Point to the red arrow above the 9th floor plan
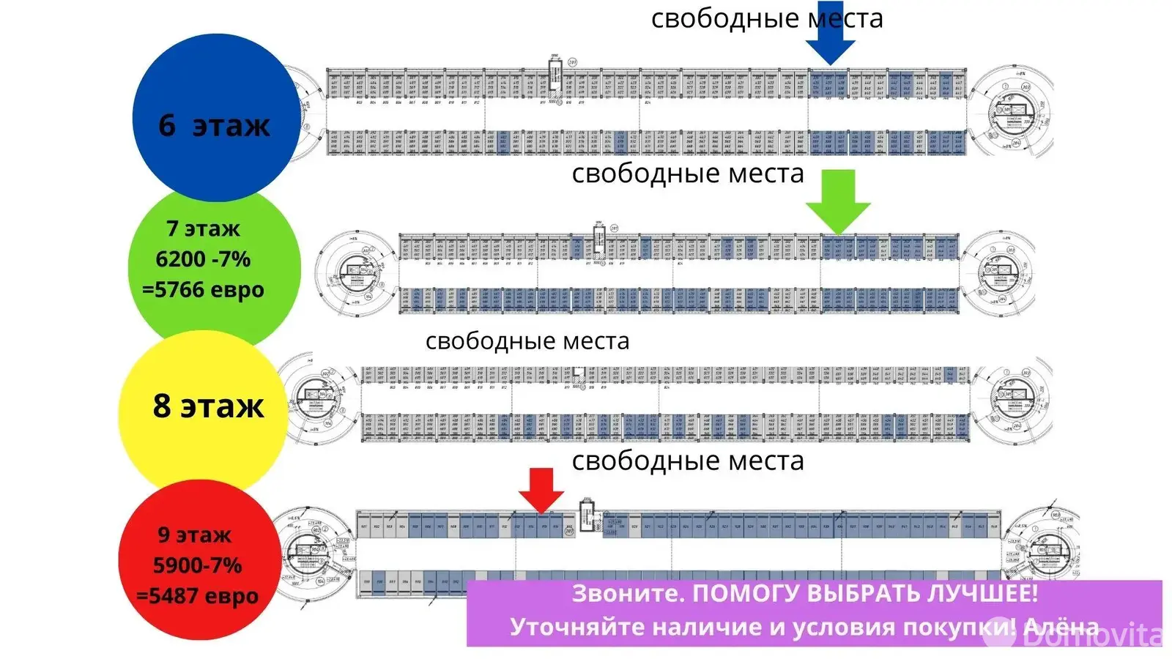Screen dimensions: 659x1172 (541, 489)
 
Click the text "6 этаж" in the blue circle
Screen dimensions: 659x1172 (214, 125)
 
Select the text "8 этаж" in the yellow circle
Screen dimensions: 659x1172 (208, 406)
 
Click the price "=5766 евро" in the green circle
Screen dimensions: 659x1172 (203, 290)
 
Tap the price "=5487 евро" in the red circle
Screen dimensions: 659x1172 (198, 596)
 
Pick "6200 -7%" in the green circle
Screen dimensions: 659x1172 (203, 259)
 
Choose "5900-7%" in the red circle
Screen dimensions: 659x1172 (197, 565)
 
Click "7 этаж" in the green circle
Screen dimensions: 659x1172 (203, 228)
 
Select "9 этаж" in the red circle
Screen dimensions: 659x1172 (195, 535)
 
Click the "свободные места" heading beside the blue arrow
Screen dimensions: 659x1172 (767, 18)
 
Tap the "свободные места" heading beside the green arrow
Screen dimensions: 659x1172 (688, 174)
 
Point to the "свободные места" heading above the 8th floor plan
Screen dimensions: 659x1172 (527, 341)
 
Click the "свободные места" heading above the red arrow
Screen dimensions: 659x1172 (688, 461)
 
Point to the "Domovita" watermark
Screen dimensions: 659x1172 (1091, 635)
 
